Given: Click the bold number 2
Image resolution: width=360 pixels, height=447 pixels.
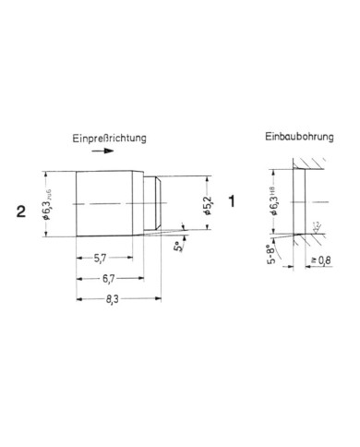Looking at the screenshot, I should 20,211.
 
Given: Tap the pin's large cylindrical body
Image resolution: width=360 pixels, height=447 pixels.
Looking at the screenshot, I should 108,203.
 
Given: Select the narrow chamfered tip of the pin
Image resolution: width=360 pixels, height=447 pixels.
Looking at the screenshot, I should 158,203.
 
